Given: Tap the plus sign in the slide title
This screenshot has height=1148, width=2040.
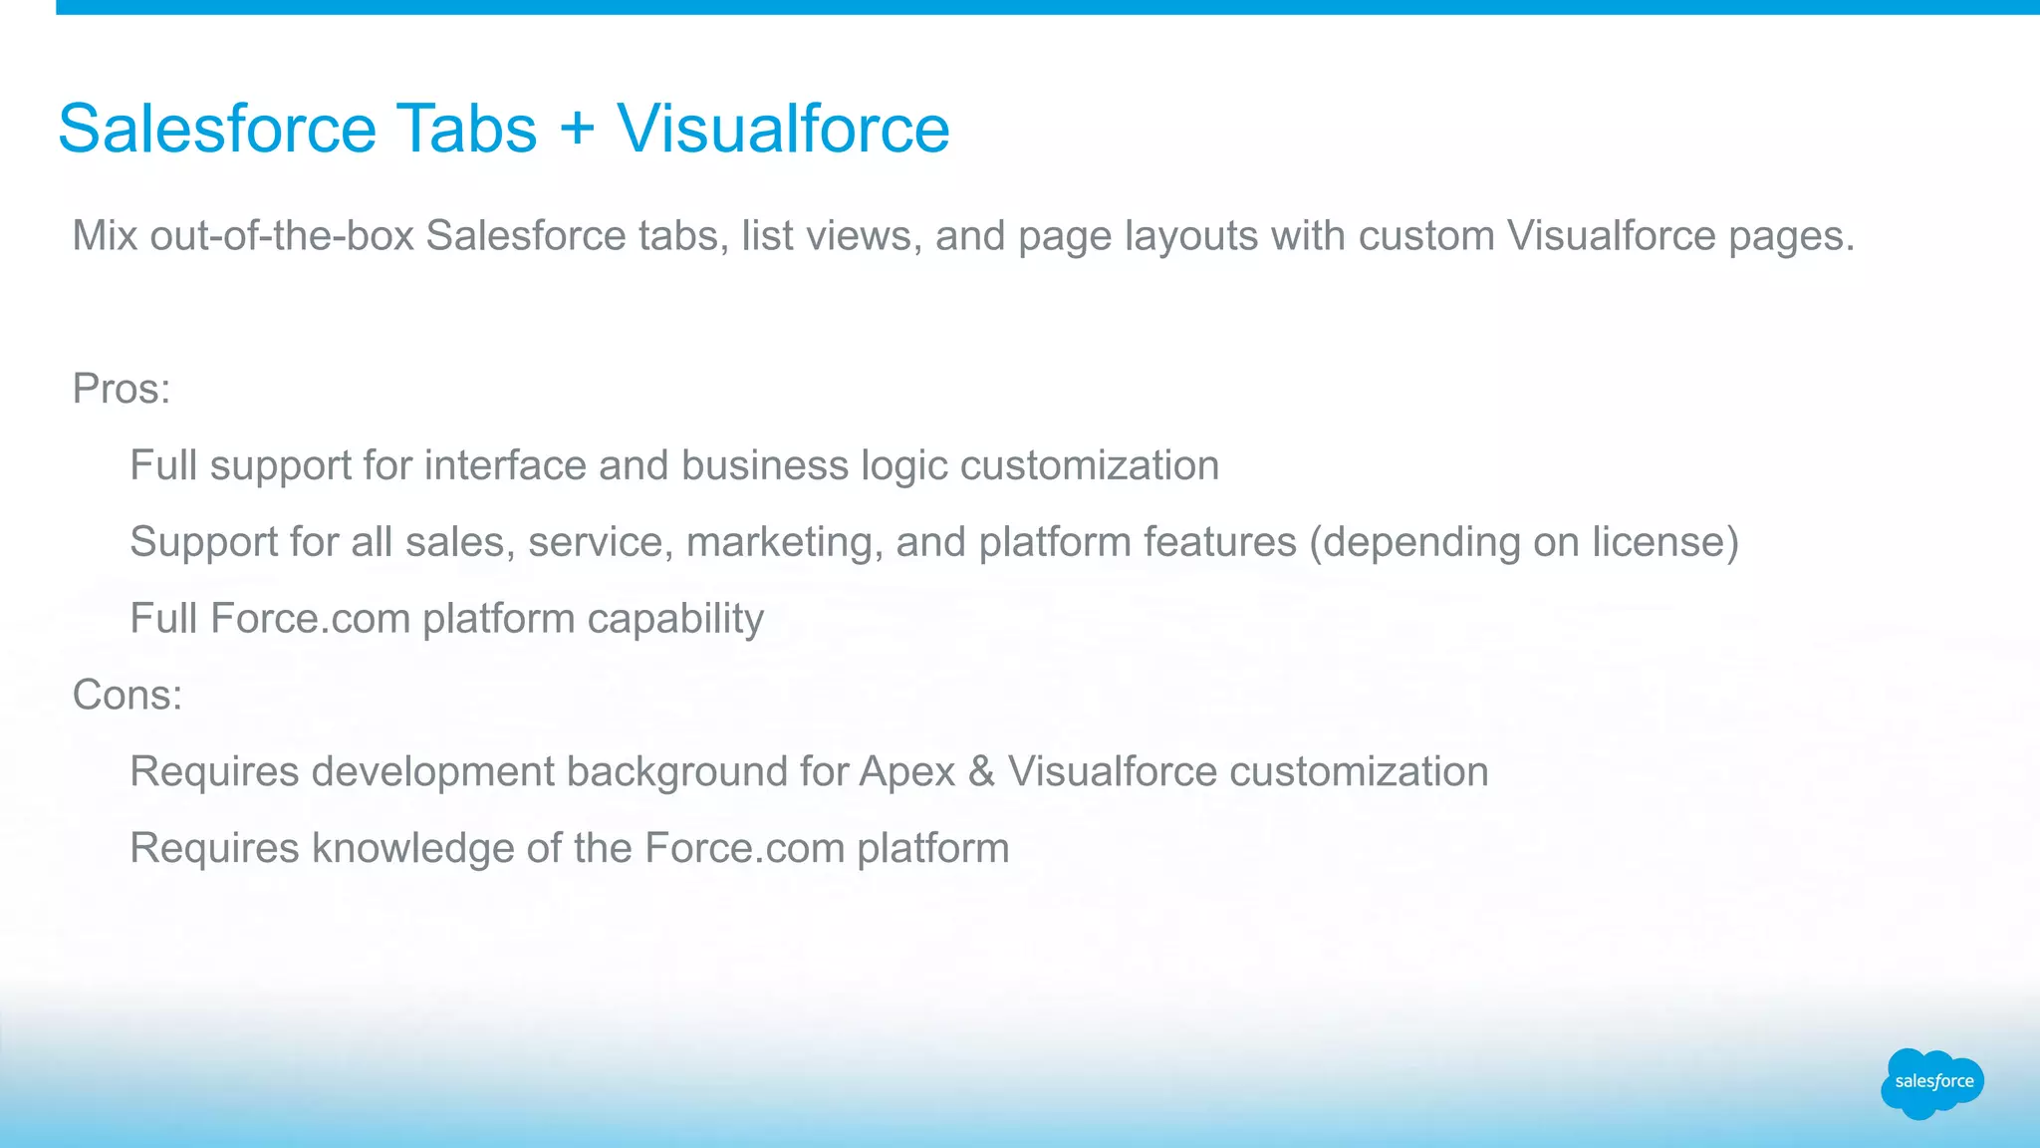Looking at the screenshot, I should [577, 131].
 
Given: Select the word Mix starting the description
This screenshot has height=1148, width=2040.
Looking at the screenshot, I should [105, 236].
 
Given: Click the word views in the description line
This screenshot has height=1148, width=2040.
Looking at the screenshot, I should [862, 236].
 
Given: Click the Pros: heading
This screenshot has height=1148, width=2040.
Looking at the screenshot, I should [122, 389].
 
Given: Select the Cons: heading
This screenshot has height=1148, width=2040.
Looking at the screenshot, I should [127, 695].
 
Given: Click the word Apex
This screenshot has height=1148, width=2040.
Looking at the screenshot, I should [906, 772].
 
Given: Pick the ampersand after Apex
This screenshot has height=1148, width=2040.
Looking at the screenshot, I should [981, 772].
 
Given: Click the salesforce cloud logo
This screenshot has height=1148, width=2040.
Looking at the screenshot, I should [1931, 1083].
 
